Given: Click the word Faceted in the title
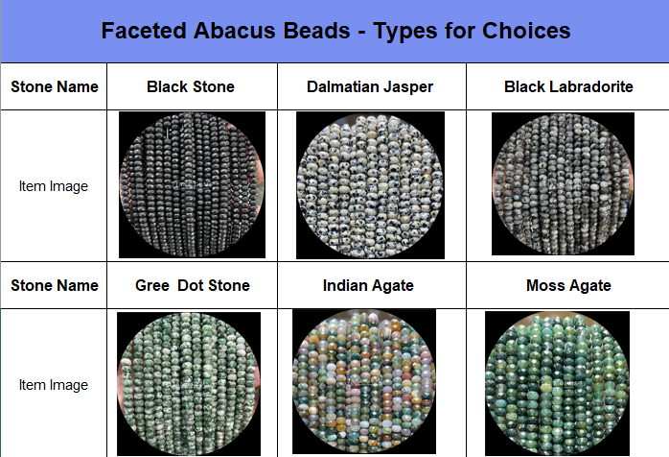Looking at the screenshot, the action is (x=144, y=31).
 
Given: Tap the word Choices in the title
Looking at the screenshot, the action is (x=526, y=31).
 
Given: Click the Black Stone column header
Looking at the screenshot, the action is (x=191, y=86).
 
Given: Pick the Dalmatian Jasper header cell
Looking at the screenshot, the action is (x=370, y=86).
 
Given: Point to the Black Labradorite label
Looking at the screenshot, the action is (x=568, y=86).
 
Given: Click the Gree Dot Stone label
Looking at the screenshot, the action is (x=193, y=285).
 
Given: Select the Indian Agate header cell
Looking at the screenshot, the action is (x=368, y=285).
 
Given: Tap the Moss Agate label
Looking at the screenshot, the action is (x=568, y=285).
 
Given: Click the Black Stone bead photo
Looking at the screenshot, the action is (x=192, y=184).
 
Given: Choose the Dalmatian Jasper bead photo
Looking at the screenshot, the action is (x=370, y=185).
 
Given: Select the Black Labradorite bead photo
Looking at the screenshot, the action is (x=563, y=183).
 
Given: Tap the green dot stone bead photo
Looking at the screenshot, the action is (x=189, y=383).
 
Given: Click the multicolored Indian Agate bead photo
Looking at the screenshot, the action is (x=364, y=381).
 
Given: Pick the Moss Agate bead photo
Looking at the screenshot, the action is (x=557, y=383).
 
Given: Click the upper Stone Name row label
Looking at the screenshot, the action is (x=55, y=86).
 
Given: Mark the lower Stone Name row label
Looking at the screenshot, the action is (x=55, y=285).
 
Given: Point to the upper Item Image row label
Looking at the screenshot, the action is (x=54, y=186).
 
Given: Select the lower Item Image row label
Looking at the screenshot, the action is (x=54, y=385).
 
